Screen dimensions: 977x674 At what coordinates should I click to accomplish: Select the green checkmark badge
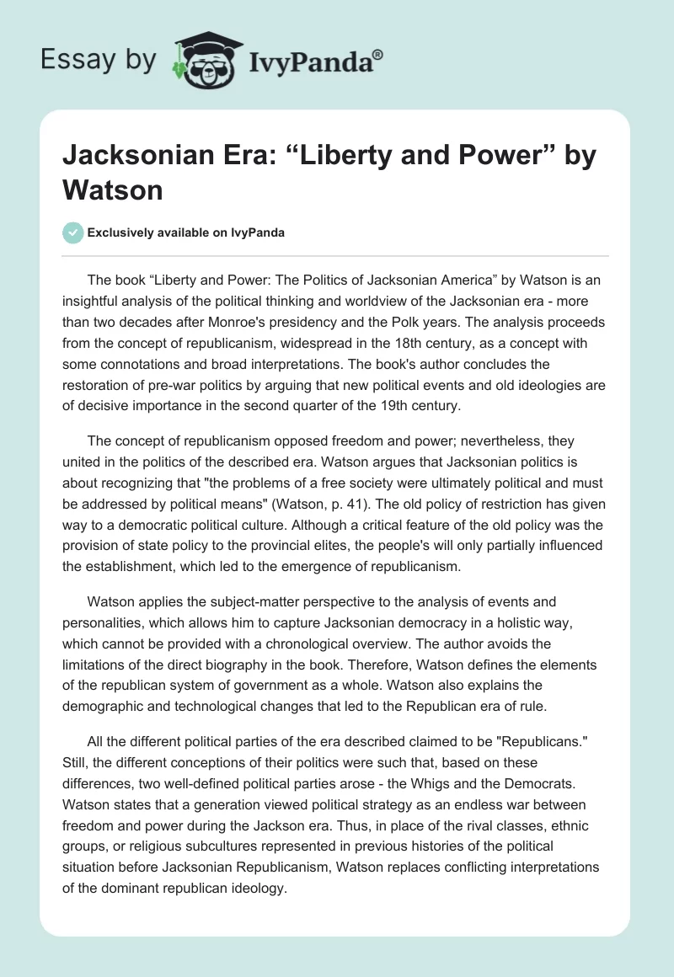(73, 233)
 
